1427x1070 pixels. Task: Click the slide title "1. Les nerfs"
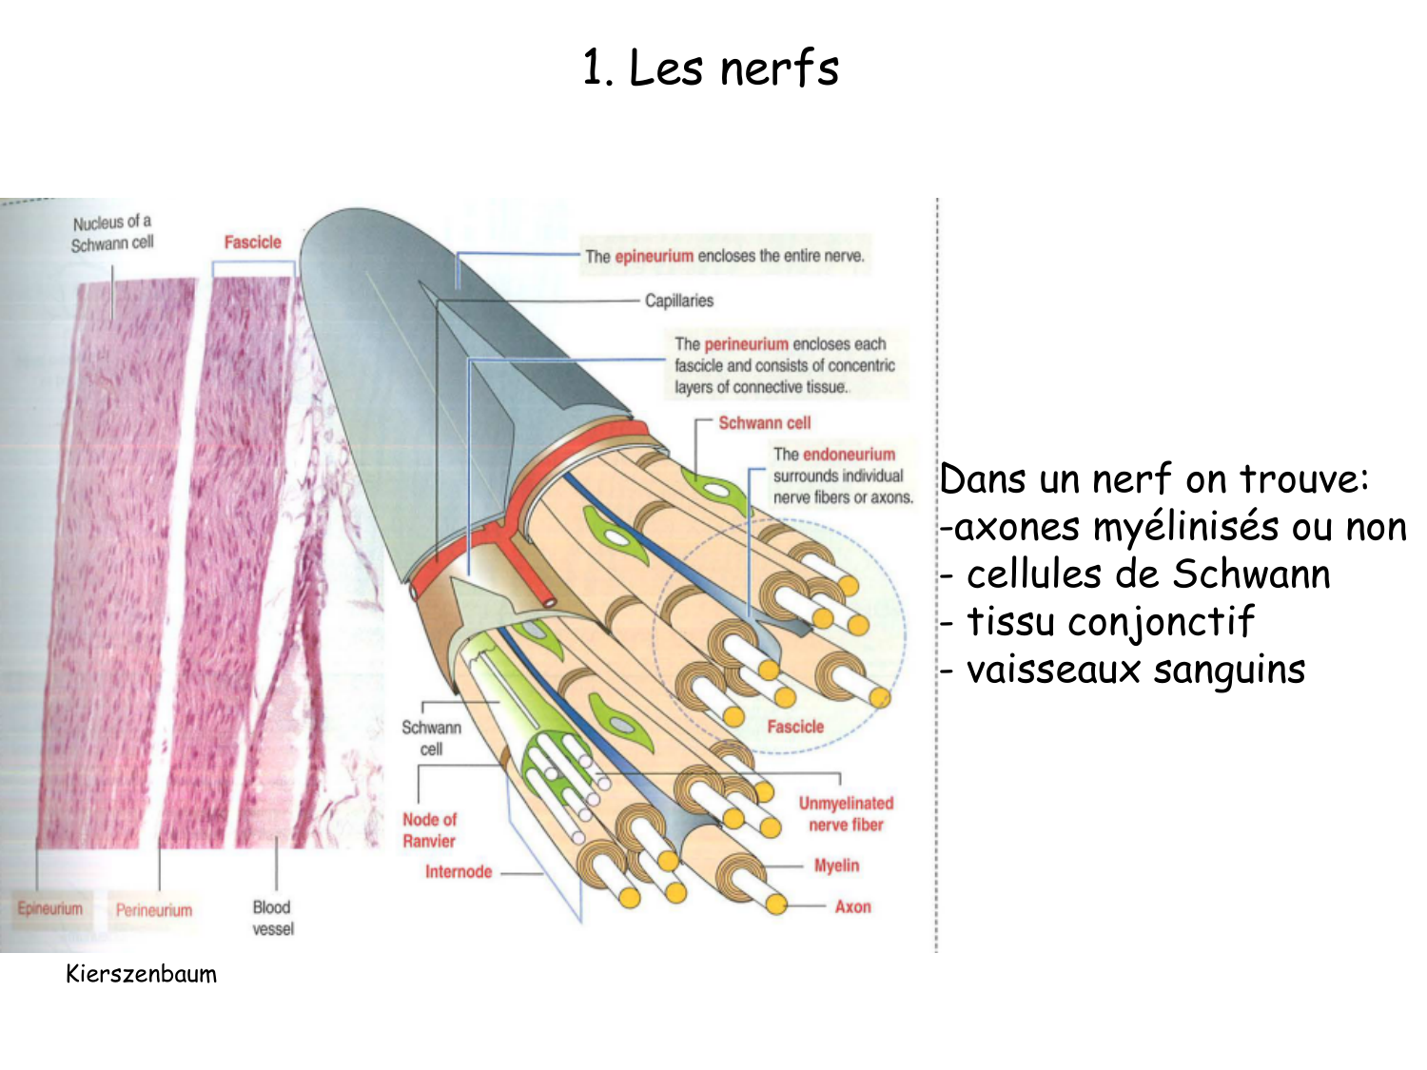pyautogui.click(x=711, y=68)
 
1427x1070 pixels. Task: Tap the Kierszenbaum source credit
pyautogui.click(x=141, y=974)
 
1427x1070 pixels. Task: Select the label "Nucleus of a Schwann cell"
pyautogui.click(x=112, y=233)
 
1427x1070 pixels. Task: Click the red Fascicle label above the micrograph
pyautogui.click(x=252, y=243)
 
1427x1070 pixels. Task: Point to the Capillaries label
pyautogui.click(x=678, y=301)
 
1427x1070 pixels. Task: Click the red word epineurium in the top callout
pyautogui.click(x=654, y=256)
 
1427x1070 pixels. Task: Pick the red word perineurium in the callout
pyautogui.click(x=746, y=343)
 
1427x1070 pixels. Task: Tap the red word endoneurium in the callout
pyautogui.click(x=849, y=455)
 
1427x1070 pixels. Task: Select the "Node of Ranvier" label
pyautogui.click(x=429, y=829)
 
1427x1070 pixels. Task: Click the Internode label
pyautogui.click(x=458, y=871)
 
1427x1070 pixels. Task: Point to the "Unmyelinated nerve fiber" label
pyautogui.click(x=846, y=814)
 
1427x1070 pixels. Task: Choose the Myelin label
pyautogui.click(x=836, y=866)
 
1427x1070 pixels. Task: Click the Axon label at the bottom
pyautogui.click(x=852, y=906)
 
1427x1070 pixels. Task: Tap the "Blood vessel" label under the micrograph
pyautogui.click(x=272, y=917)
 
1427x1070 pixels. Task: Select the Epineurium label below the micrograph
pyautogui.click(x=50, y=908)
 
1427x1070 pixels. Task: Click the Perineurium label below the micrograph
pyautogui.click(x=154, y=910)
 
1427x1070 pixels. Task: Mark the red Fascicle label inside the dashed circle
pyautogui.click(x=795, y=727)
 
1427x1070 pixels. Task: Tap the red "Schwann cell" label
pyautogui.click(x=764, y=422)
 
